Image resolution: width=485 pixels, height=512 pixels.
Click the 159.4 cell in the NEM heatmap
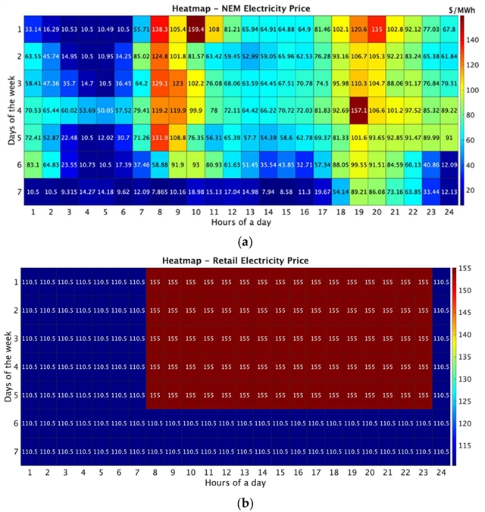coord(196,30)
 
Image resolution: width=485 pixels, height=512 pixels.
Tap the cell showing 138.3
coord(159,30)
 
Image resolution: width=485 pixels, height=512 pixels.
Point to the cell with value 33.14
coord(33,30)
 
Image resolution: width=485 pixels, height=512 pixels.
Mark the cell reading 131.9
coord(159,139)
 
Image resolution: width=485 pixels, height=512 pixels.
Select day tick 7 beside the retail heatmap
coord(15,451)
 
